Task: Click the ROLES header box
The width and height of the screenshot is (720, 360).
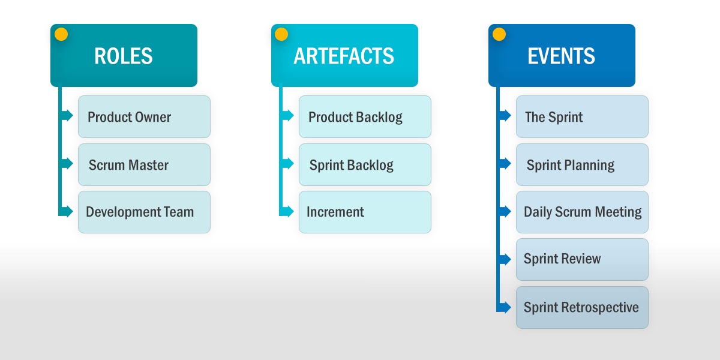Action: [124, 55]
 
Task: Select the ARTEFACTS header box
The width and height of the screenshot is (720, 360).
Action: [344, 55]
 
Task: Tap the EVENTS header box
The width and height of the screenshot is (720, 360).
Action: [562, 55]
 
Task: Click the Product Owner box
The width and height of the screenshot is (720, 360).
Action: [144, 116]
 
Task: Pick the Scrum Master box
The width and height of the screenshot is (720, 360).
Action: [144, 164]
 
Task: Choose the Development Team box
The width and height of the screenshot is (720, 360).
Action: [144, 212]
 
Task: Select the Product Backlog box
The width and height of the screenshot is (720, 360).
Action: [365, 116]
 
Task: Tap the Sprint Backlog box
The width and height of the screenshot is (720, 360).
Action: [365, 164]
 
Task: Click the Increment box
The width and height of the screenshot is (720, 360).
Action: [365, 212]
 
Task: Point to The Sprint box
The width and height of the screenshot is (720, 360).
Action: [582, 116]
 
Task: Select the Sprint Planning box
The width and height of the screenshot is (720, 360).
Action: [582, 164]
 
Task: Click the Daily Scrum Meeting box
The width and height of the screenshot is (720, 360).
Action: [582, 212]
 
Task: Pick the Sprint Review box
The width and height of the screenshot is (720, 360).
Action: [582, 259]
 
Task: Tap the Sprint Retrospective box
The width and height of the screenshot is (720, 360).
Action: [582, 307]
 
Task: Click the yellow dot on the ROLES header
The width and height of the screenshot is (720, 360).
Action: [61, 34]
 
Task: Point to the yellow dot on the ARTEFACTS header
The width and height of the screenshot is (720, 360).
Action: [281, 34]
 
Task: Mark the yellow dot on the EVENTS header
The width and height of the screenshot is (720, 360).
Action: [499, 34]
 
